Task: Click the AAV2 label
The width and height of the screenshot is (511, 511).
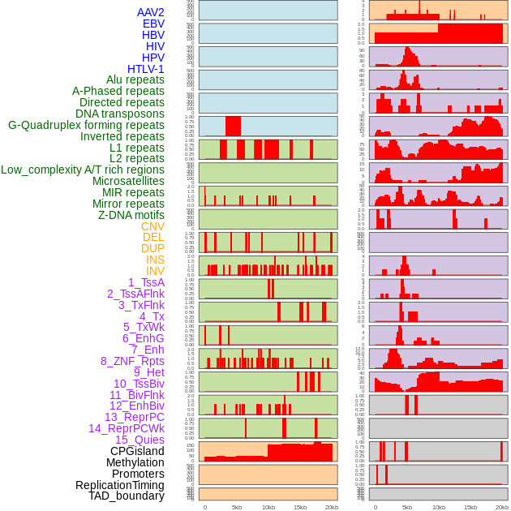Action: (150, 12)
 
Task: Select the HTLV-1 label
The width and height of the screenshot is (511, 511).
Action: (145, 69)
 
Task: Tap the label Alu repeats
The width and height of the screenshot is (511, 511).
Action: (135, 79)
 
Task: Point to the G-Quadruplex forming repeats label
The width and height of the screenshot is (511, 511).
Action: (86, 125)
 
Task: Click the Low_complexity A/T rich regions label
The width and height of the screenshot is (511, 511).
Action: (83, 170)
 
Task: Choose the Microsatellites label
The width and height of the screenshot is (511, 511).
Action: (128, 181)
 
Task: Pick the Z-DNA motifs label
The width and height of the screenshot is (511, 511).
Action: (131, 215)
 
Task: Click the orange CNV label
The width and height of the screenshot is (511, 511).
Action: (152, 226)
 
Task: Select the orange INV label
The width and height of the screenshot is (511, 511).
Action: (155, 271)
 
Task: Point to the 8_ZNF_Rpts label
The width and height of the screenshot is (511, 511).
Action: (132, 361)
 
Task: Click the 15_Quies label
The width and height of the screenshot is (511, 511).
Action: (139, 440)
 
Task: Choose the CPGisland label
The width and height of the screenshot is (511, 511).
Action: (137, 451)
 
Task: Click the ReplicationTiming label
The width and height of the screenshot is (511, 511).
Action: (119, 485)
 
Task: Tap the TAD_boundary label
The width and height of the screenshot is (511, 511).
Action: (126, 496)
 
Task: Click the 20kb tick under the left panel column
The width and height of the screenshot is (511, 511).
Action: (331, 507)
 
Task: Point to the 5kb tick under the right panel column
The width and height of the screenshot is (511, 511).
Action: (407, 507)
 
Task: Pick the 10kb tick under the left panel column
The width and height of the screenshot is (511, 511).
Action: (268, 507)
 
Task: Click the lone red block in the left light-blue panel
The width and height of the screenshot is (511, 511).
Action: (233, 127)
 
